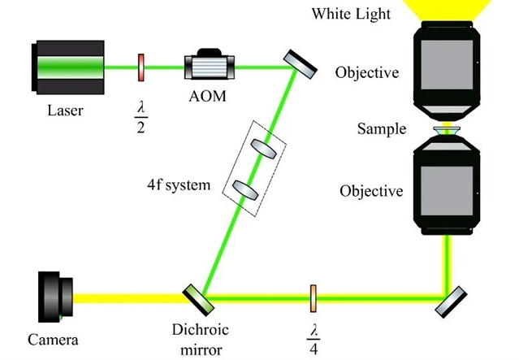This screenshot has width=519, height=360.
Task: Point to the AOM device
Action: tap(210, 66)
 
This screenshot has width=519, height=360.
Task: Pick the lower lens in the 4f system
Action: tap(243, 189)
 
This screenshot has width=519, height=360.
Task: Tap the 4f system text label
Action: tap(174, 185)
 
